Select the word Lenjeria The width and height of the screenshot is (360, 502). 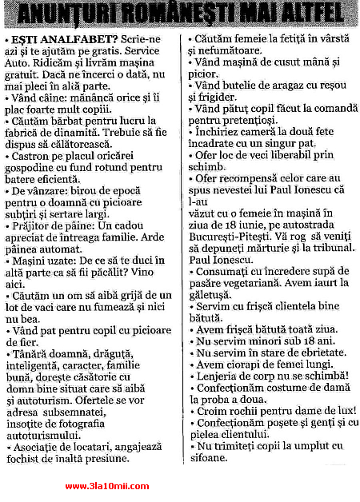219,376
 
